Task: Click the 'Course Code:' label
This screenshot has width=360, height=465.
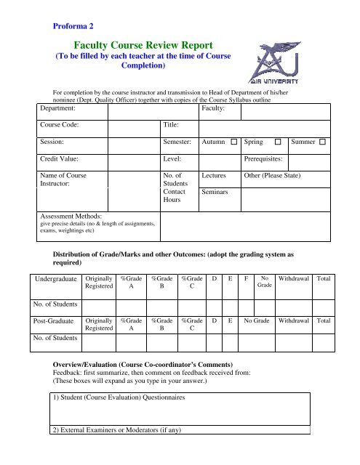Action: pyautogui.click(x=63, y=124)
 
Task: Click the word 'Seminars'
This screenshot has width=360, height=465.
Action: pyautogui.click(x=215, y=193)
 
